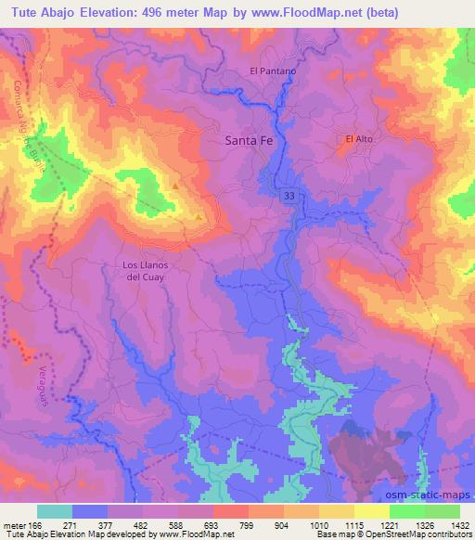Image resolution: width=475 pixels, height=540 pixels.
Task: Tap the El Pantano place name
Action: tap(273, 71)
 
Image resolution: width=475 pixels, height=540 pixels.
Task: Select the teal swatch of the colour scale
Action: tap(55, 511)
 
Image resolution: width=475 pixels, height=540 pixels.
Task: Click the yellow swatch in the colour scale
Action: tap(371, 511)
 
